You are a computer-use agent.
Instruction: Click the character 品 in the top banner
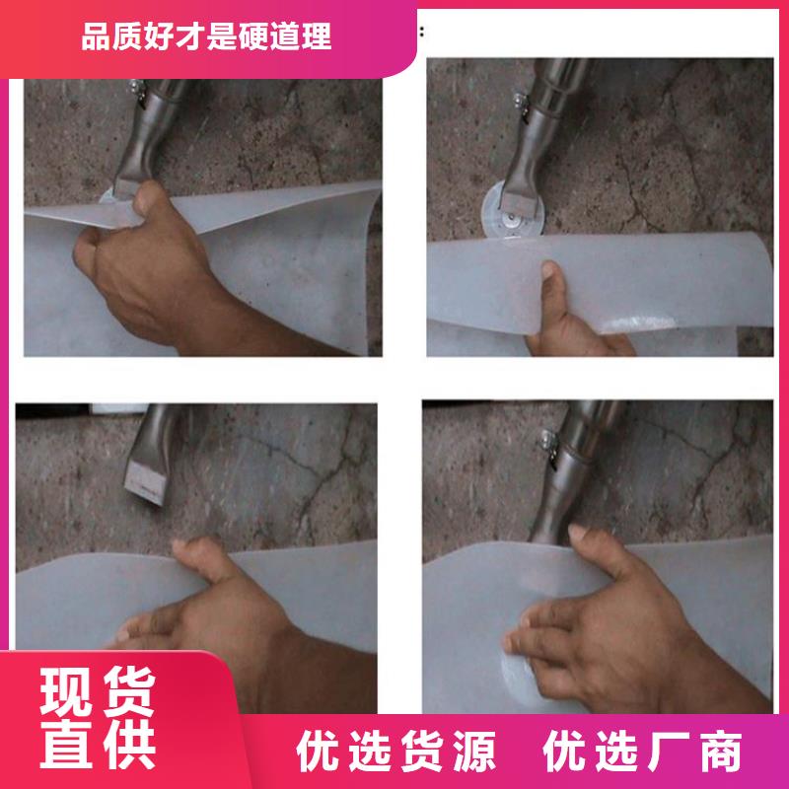tap(96, 36)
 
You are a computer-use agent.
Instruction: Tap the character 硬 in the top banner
tap(253, 36)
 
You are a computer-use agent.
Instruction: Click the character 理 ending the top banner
tap(316, 36)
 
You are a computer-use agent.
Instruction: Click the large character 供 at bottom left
tap(129, 744)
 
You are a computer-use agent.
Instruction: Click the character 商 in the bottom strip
tap(721, 751)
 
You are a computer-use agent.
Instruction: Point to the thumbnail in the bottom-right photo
tap(578, 531)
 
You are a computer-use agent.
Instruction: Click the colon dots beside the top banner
tap(422, 32)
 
